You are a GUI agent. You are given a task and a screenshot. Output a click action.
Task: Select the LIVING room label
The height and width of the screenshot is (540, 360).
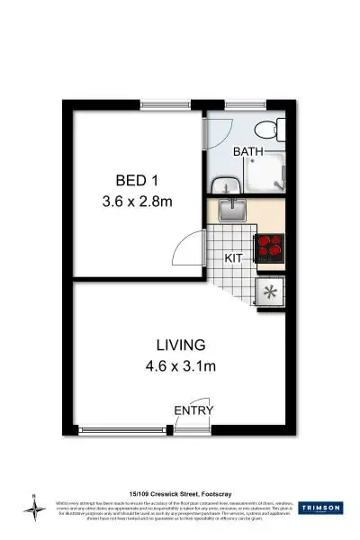point(180,344)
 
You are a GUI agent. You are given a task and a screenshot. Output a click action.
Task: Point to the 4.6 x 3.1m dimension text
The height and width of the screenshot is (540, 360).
point(180,365)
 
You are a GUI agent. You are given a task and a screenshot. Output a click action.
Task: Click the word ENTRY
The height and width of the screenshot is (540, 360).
point(193,411)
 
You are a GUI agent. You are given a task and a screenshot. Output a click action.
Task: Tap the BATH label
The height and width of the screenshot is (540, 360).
point(248,152)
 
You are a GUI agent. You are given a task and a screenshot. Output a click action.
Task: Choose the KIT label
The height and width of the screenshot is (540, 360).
point(234,257)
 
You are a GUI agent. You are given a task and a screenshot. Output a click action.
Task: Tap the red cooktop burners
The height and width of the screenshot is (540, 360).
point(269,247)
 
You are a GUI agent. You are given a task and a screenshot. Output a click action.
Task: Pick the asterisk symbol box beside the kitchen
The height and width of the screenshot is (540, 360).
point(269,291)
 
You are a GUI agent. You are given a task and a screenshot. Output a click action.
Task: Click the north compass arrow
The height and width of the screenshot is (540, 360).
point(35,508)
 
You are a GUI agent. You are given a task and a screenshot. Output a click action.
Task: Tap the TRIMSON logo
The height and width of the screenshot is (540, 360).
point(319,508)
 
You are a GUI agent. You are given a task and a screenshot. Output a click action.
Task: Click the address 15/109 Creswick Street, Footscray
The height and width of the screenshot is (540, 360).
point(180,492)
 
